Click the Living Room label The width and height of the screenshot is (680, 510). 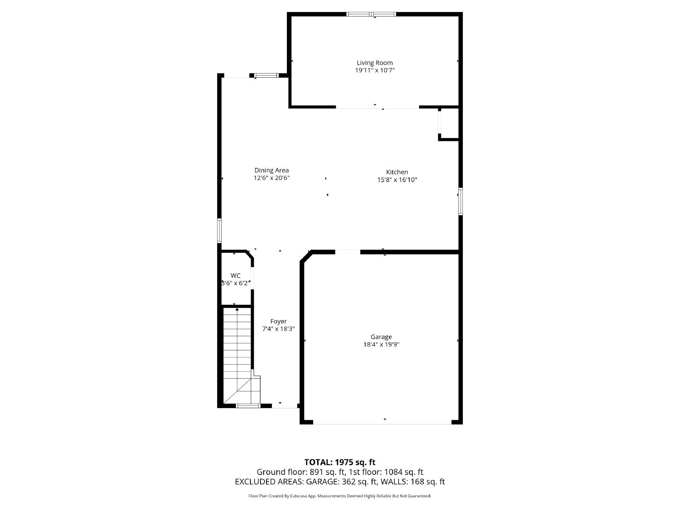(374, 63)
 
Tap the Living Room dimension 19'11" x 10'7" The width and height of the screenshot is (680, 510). (374, 71)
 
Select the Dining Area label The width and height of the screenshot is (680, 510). (272, 170)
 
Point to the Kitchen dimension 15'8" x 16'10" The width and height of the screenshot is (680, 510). (397, 180)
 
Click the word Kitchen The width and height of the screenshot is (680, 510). (397, 172)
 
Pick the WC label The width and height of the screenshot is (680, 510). (235, 275)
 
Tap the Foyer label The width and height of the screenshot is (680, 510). (278, 321)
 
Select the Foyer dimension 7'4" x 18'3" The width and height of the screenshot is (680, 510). (278, 329)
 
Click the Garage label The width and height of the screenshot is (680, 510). (381, 337)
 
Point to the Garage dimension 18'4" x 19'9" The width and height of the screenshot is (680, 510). (381, 345)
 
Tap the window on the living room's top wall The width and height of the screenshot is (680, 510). (371, 14)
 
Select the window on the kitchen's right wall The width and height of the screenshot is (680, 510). (460, 201)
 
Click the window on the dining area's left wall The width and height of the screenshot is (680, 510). (220, 230)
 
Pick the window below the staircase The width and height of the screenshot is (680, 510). (248, 406)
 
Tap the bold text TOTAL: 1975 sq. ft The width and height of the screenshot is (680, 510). (340, 462)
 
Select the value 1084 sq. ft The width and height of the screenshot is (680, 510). (404, 472)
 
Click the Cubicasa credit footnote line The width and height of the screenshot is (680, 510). (340, 496)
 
